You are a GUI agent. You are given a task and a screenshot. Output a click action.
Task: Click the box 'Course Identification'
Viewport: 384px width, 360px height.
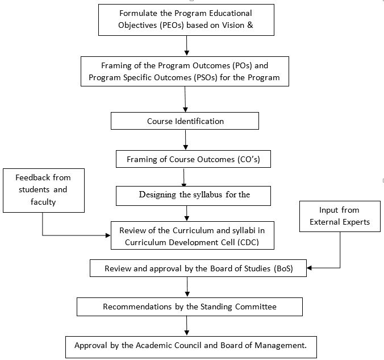(185, 121)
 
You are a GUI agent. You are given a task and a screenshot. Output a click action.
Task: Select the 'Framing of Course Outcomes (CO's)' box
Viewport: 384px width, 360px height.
(193, 159)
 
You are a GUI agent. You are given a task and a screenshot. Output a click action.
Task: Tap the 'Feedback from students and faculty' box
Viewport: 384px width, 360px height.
(44, 191)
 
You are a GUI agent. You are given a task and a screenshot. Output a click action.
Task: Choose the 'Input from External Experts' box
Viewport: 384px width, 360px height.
(340, 216)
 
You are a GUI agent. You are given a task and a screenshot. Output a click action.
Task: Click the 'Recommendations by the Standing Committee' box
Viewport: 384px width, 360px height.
(190, 307)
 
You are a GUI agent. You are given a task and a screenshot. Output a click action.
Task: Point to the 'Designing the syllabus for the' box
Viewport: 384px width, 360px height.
(193, 196)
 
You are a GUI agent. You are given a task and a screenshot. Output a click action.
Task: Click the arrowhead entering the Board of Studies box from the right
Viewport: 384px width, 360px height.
(310, 268)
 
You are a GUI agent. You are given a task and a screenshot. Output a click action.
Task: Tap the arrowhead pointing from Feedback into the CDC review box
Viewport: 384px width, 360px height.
(108, 235)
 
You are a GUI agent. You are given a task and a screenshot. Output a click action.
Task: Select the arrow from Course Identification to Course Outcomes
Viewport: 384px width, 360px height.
(185, 140)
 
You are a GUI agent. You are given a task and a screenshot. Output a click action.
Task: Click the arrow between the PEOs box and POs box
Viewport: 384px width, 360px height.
(187, 46)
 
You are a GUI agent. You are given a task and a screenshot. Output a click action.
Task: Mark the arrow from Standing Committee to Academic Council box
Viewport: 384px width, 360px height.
(187, 326)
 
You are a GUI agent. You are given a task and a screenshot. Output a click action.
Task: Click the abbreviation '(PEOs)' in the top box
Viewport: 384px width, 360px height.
(172, 25)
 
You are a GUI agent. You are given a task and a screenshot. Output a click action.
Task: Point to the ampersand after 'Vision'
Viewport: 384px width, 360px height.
(250, 25)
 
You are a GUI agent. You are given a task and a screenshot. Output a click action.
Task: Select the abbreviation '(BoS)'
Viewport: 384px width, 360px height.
(283, 268)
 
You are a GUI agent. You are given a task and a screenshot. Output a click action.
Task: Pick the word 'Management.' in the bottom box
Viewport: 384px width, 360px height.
(281, 346)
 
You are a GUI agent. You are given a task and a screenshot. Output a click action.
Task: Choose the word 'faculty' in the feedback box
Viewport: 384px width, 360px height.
(43, 202)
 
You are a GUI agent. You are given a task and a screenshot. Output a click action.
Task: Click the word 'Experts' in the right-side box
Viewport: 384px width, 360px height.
(356, 222)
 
